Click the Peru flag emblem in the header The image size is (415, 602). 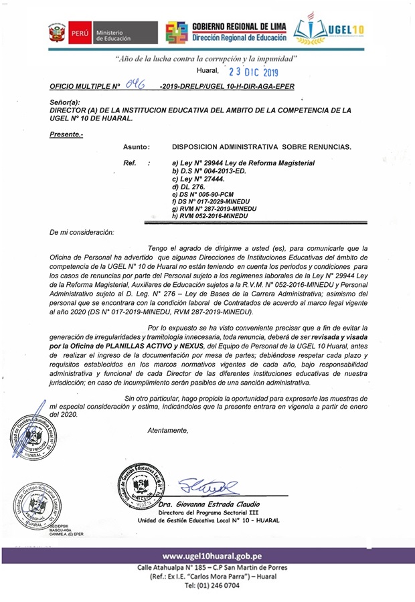pyautogui.click(x=57, y=32)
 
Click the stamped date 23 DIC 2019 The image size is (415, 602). pyautogui.click(x=254, y=72)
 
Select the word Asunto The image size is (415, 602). pyautogui.click(x=136, y=146)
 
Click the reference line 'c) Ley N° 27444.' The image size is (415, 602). pyautogui.click(x=198, y=179)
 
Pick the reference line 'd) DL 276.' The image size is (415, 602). pyautogui.click(x=188, y=187)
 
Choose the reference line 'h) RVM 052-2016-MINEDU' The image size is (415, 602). pyautogui.click(x=210, y=216)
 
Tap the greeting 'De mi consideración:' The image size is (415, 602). pyautogui.click(x=82, y=232)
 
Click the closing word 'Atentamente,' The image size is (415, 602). pyautogui.click(x=168, y=430)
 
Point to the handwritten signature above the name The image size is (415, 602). pyautogui.click(x=208, y=484)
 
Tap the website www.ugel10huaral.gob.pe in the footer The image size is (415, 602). pyautogui.click(x=212, y=556)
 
